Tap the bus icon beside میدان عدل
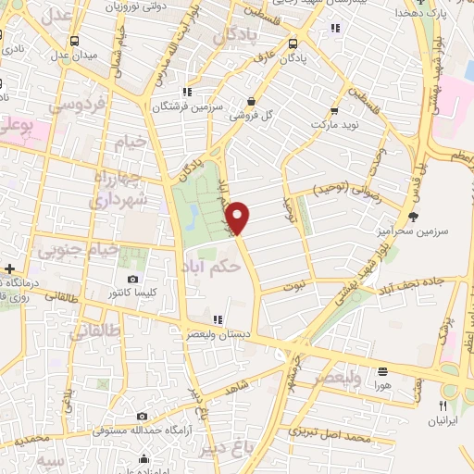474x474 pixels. point(72,41)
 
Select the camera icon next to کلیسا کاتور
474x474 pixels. point(132,279)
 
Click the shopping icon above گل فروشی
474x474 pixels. point(251,103)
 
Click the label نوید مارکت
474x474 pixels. point(332,123)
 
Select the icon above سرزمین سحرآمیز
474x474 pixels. point(413,216)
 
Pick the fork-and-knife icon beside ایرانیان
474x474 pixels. point(443,405)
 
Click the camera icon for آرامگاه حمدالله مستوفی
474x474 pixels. point(143,418)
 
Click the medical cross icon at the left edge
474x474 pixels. point(8,268)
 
